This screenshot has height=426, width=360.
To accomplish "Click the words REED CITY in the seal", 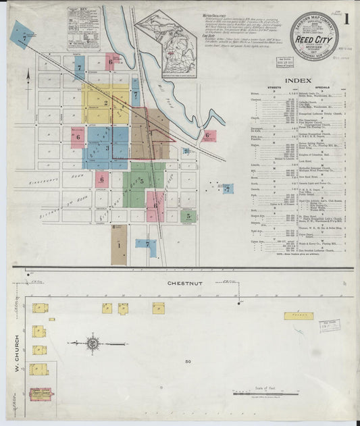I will click(309, 40).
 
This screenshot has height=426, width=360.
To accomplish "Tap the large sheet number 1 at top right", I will click(346, 20).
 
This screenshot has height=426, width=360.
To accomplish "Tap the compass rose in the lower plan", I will click(93, 344).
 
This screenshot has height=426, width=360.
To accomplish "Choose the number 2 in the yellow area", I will click(106, 103).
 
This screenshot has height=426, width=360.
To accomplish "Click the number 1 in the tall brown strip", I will click(119, 245).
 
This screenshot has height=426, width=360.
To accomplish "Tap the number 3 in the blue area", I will click(106, 147).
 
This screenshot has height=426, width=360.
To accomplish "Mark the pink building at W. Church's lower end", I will click(41, 392).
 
